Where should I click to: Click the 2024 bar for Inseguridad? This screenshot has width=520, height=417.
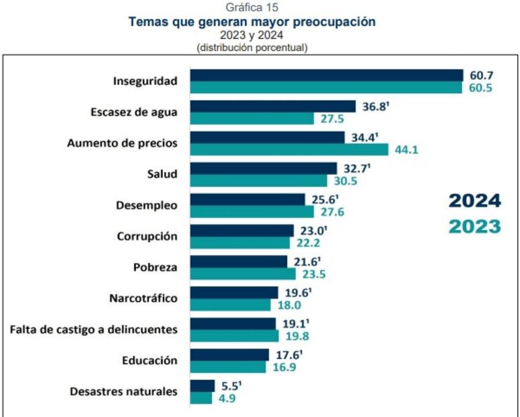point(326,75)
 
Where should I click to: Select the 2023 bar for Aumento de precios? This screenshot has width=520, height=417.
point(289,149)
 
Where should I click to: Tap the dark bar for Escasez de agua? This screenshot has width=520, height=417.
point(272,106)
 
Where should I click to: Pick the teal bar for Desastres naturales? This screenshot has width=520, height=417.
point(201,398)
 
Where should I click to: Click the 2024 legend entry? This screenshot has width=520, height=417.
point(475,200)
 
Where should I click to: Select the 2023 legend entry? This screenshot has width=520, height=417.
point(475,227)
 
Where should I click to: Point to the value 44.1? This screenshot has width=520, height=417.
point(406,149)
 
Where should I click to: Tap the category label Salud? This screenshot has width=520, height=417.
point(162,174)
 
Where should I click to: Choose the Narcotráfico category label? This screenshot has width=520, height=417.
point(143,298)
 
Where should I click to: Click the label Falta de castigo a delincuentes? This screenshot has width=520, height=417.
point(94,330)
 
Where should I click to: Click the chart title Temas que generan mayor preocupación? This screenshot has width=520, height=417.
point(252,22)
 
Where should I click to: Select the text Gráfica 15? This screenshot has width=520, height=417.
point(252,8)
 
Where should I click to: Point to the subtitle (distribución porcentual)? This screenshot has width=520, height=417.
point(252,48)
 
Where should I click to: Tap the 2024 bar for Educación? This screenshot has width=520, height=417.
point(229,354)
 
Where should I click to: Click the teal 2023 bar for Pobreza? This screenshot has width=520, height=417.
point(243,274)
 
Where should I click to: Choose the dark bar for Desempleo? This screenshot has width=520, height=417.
point(248,199)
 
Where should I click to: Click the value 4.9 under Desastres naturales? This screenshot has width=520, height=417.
point(226,398)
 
